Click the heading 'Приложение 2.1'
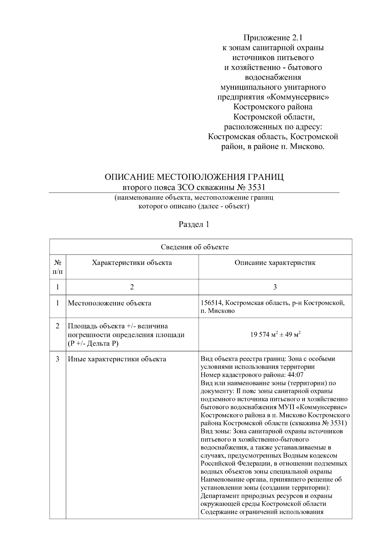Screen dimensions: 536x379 pyautogui.click(x=273, y=38)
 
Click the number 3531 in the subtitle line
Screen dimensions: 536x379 pyautogui.click(x=256, y=187)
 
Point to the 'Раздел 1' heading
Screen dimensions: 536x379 pyautogui.click(x=194, y=225)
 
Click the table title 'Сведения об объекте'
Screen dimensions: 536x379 pyautogui.click(x=195, y=247)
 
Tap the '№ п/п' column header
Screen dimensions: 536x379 pyautogui.click(x=57, y=267)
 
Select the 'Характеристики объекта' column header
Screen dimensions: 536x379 pyautogui.click(x=132, y=263)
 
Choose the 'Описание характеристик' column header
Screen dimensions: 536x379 pyautogui.click(x=275, y=263)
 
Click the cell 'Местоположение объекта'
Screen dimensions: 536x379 pyautogui.click(x=110, y=303)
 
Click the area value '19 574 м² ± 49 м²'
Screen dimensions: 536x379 pyautogui.click(x=275, y=335)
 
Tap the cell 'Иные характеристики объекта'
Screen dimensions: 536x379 pyautogui.click(x=117, y=359)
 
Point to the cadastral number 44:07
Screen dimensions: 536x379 pyautogui.click(x=296, y=375)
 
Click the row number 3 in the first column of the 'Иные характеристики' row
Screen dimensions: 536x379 pyautogui.click(x=57, y=359)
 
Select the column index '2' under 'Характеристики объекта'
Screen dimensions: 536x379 pyautogui.click(x=132, y=287)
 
